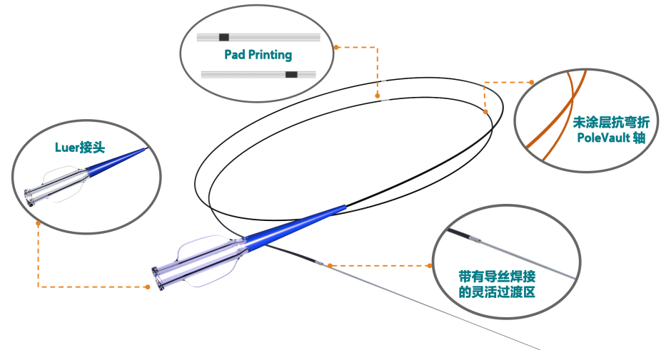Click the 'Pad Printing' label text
tap(258, 55)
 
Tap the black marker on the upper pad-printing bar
tap(224, 37)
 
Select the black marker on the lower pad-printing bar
tap(291, 74)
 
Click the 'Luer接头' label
tap(81, 148)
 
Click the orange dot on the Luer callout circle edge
tap(38, 223)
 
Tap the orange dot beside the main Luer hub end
tap(147, 287)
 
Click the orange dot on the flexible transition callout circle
tap(430, 265)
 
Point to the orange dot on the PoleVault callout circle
tap(531, 81)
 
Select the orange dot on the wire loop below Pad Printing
tap(378, 93)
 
